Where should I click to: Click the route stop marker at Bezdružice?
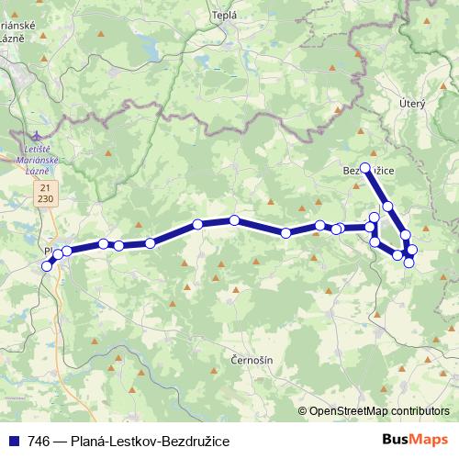[x=365, y=168]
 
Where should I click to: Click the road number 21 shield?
[x=45, y=186]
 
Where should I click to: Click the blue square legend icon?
[x=13, y=441]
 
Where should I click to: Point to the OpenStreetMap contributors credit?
[x=378, y=411]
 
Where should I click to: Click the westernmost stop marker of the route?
[x=48, y=266]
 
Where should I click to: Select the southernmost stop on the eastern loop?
[x=409, y=263]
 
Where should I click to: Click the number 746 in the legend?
[x=39, y=441]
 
